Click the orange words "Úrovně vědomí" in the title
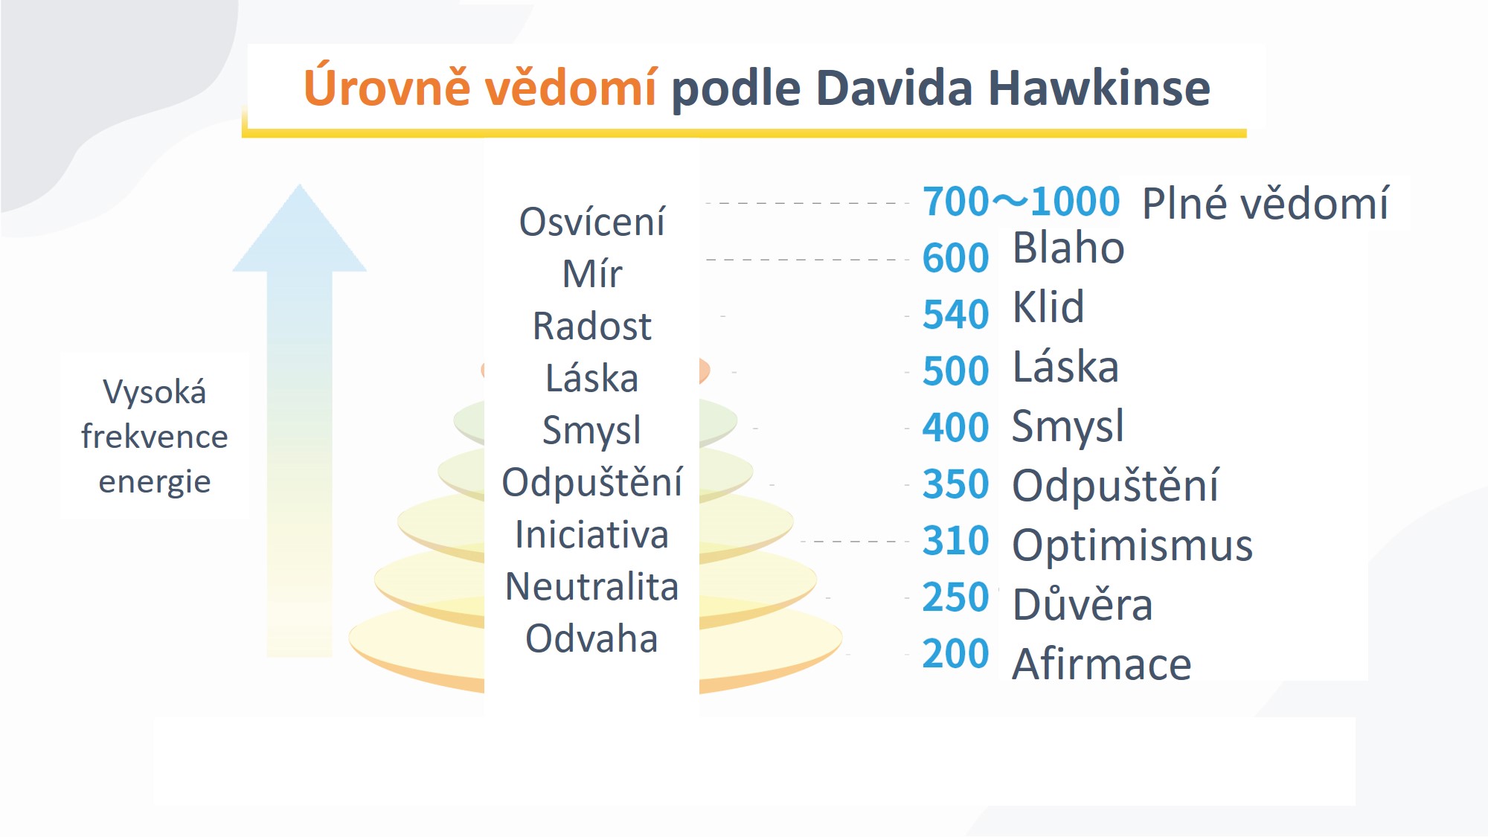[x=481, y=87]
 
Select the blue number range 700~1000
[x=1021, y=201]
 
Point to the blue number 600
[x=955, y=257]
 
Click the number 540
[x=955, y=314]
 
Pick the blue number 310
[x=955, y=540]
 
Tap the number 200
[x=955, y=653]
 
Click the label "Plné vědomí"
[x=1265, y=203]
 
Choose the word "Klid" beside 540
[x=1048, y=307]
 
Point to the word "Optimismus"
[x=1132, y=545]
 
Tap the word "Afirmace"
[x=1102, y=664]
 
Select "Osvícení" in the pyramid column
[x=591, y=222]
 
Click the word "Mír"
[x=591, y=274]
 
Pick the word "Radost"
[x=591, y=326]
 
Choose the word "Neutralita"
[x=591, y=586]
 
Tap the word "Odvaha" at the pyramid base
[x=591, y=638]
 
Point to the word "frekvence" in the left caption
[x=155, y=437]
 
